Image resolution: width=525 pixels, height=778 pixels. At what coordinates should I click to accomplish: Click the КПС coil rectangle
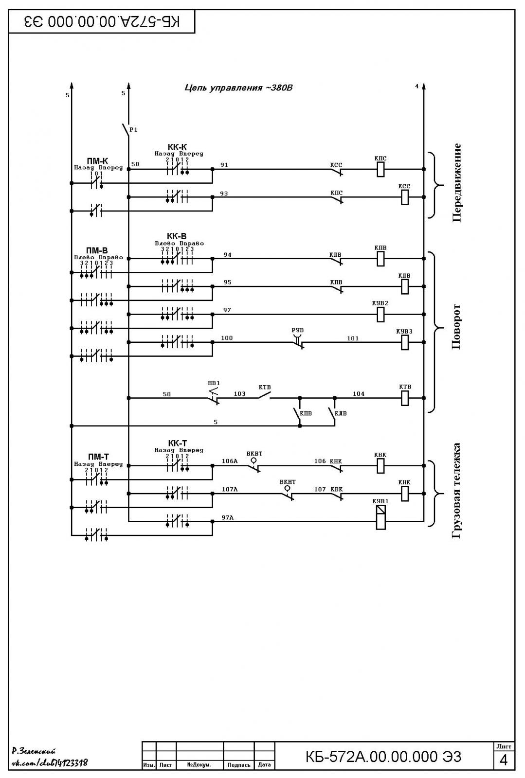click(380, 170)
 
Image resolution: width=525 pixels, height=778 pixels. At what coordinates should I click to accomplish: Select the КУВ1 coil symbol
click(380, 517)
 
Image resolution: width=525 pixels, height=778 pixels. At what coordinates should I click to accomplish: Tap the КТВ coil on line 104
click(405, 398)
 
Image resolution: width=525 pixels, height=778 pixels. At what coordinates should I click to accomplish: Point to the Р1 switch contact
click(126, 130)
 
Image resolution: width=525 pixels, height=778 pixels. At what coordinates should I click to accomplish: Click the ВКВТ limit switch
click(254, 465)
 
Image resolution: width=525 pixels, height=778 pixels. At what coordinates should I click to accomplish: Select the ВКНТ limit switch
click(288, 493)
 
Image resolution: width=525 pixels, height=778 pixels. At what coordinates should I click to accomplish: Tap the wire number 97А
click(228, 517)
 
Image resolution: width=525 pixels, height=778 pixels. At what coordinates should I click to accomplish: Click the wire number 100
click(227, 338)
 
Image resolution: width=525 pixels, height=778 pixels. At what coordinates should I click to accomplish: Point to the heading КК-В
click(177, 236)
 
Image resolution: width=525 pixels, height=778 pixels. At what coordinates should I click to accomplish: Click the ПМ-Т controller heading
click(98, 457)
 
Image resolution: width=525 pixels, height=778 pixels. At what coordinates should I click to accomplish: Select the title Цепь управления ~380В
click(238, 88)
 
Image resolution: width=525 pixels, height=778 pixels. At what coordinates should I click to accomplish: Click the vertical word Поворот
click(456, 327)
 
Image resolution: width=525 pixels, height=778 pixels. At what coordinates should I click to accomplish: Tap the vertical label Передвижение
click(456, 183)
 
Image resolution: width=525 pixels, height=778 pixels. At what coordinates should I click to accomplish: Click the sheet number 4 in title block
click(504, 760)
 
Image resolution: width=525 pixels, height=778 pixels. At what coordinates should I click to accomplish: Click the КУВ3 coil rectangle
click(405, 342)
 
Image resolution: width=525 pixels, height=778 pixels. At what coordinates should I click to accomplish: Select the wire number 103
click(239, 393)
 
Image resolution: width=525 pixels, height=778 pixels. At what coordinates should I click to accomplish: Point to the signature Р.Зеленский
click(34, 751)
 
